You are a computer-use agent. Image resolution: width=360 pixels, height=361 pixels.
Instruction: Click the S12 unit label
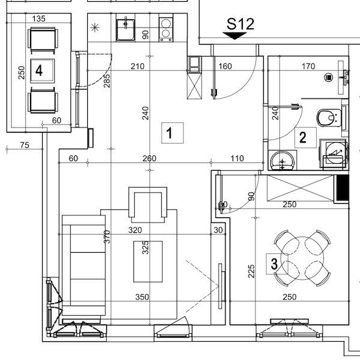tap(240, 24)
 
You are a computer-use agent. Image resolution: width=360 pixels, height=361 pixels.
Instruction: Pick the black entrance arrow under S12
tap(234, 36)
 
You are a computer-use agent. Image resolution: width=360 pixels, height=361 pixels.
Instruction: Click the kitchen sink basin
tap(126, 30)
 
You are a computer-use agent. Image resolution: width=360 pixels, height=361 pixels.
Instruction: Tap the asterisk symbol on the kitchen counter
tap(95, 28)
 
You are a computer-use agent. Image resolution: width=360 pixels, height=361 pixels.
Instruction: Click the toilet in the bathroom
tap(329, 118)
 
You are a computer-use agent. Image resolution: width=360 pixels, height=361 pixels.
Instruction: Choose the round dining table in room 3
tap(302, 258)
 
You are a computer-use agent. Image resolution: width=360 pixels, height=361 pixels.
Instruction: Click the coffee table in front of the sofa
tap(148, 262)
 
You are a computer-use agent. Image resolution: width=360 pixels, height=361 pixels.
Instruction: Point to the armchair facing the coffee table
tap(148, 205)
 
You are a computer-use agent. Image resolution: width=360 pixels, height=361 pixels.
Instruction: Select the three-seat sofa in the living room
tap(84, 265)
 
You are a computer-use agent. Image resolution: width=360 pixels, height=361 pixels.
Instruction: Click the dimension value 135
tap(38, 19)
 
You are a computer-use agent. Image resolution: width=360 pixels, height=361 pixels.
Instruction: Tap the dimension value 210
tap(138, 66)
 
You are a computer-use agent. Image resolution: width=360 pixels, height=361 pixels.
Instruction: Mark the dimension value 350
tap(142, 297)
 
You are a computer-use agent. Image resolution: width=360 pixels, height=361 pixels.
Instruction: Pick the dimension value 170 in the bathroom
tap(308, 66)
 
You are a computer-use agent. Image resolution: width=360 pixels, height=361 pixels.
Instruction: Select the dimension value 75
tap(25, 145)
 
